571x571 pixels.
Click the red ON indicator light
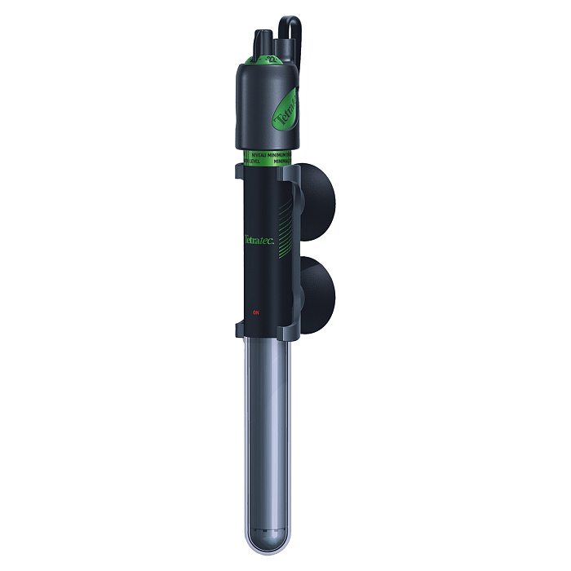pos(255,311)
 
